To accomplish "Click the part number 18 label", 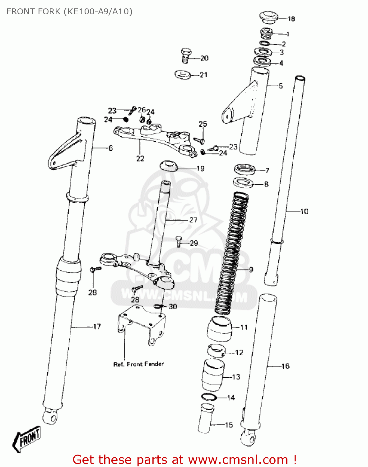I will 291,19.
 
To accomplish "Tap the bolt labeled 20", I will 186,55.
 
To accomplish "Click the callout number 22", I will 140,158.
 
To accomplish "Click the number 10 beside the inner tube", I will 304,212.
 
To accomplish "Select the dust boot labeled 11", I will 220,328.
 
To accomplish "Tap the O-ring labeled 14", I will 209,397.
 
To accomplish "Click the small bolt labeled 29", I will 179,241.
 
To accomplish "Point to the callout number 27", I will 193,220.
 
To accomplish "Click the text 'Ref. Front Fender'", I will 138,364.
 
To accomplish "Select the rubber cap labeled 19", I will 169,166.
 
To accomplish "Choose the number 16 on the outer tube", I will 285,366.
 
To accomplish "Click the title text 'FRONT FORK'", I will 33,12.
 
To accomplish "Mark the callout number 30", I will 173,307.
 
